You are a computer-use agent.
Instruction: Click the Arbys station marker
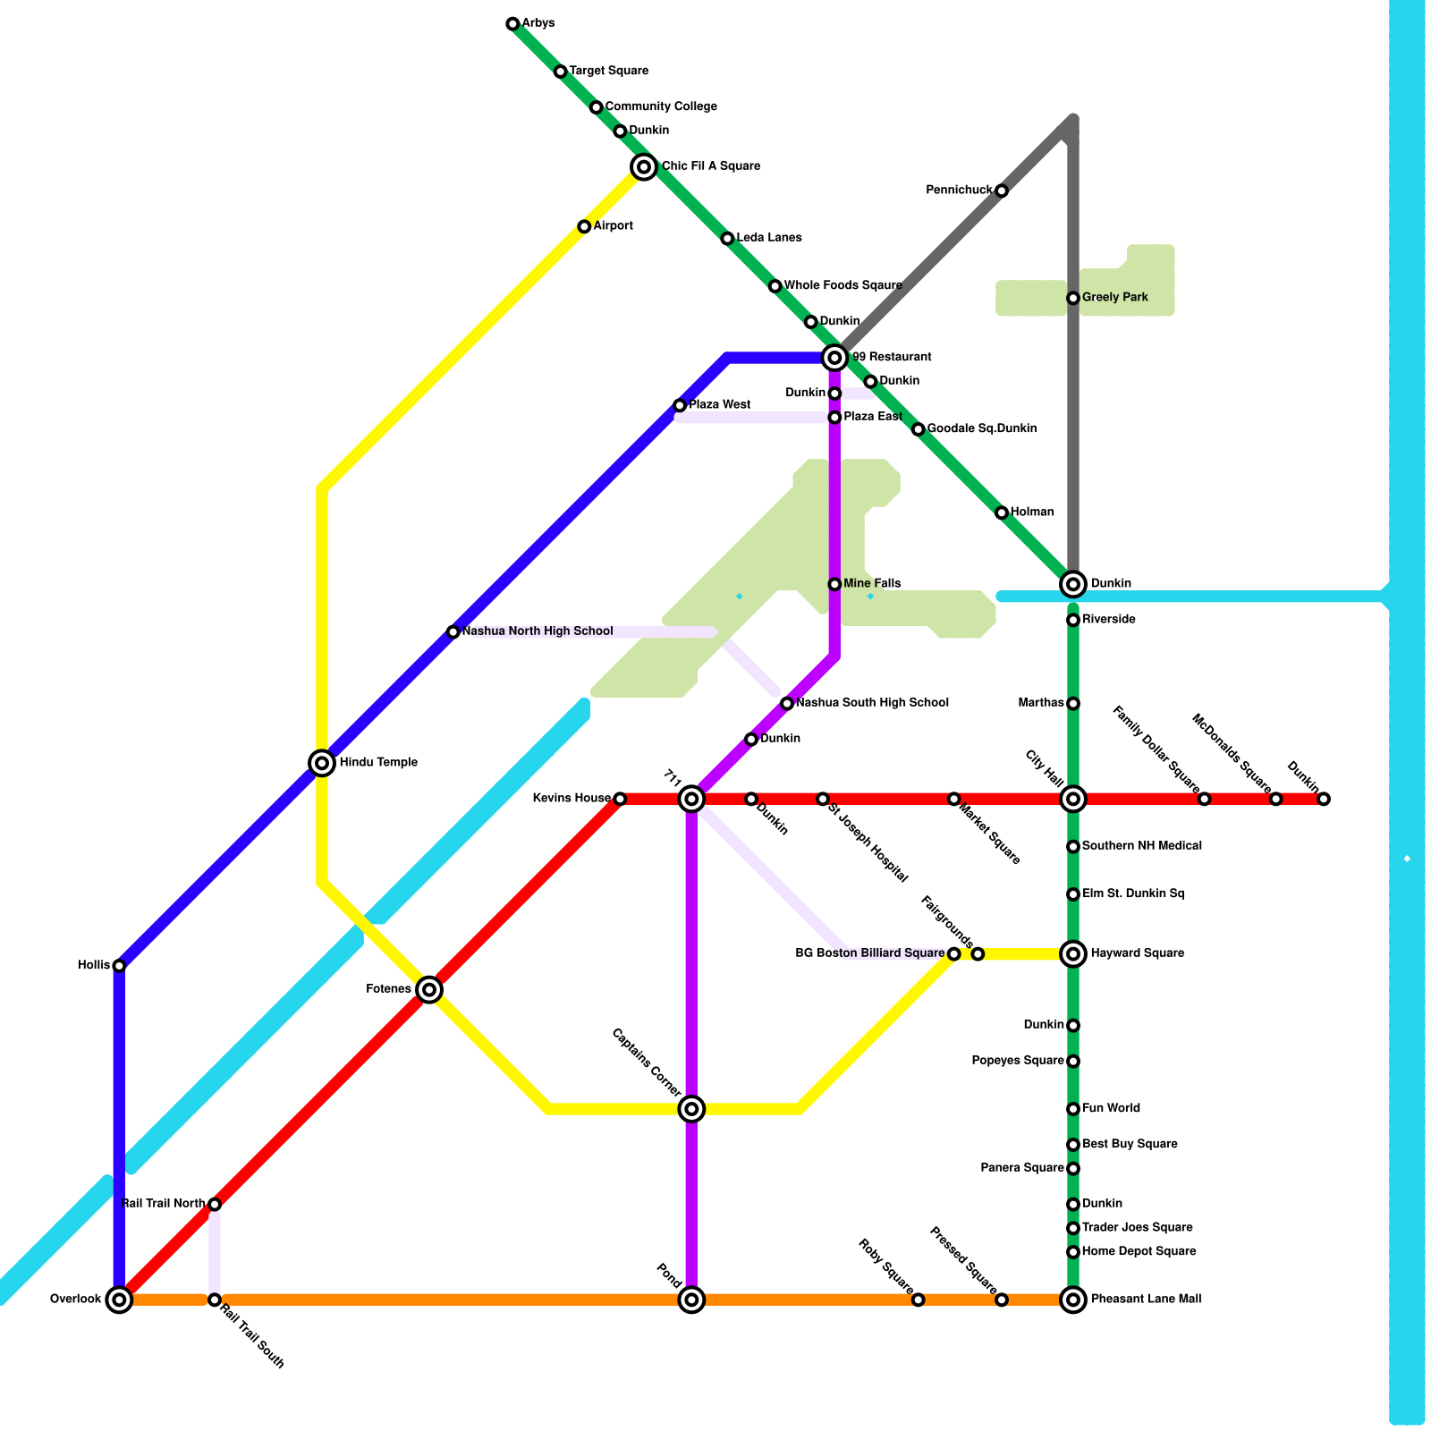point(512,24)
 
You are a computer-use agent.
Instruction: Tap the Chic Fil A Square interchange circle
point(644,166)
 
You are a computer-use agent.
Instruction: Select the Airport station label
point(614,226)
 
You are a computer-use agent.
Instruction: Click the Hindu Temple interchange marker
point(322,763)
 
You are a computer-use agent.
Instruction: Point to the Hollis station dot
point(120,966)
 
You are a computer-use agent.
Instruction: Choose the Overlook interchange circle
point(120,1300)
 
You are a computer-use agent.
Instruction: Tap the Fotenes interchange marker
point(429,989)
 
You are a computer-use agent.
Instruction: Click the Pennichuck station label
point(959,191)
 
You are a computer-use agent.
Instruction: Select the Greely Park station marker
point(1073,298)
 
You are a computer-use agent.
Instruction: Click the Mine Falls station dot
point(834,584)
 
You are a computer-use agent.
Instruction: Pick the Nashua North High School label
point(538,631)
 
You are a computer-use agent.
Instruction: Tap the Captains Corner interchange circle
point(691,1109)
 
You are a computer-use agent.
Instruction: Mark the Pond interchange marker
point(691,1300)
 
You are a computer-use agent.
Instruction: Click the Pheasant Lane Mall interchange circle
point(1073,1300)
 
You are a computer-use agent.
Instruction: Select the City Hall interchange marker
point(1073,799)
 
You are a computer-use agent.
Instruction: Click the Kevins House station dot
point(620,799)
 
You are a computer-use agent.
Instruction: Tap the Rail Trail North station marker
point(215,1205)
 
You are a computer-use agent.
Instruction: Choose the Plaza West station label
point(720,405)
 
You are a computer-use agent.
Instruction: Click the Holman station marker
point(1002,512)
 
